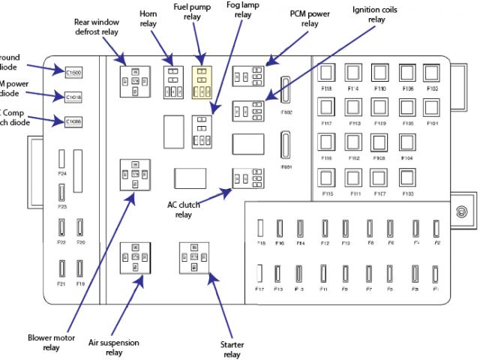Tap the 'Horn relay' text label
pos(148,19)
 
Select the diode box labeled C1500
pos(73,72)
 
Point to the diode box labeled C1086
pos(73,121)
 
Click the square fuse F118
pos(327,73)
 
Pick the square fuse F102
pos(431,73)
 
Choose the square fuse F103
pos(407,177)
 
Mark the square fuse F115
pos(327,177)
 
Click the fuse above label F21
pos(61,268)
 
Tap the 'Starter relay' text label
pos(232,349)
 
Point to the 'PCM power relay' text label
pos(310,19)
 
